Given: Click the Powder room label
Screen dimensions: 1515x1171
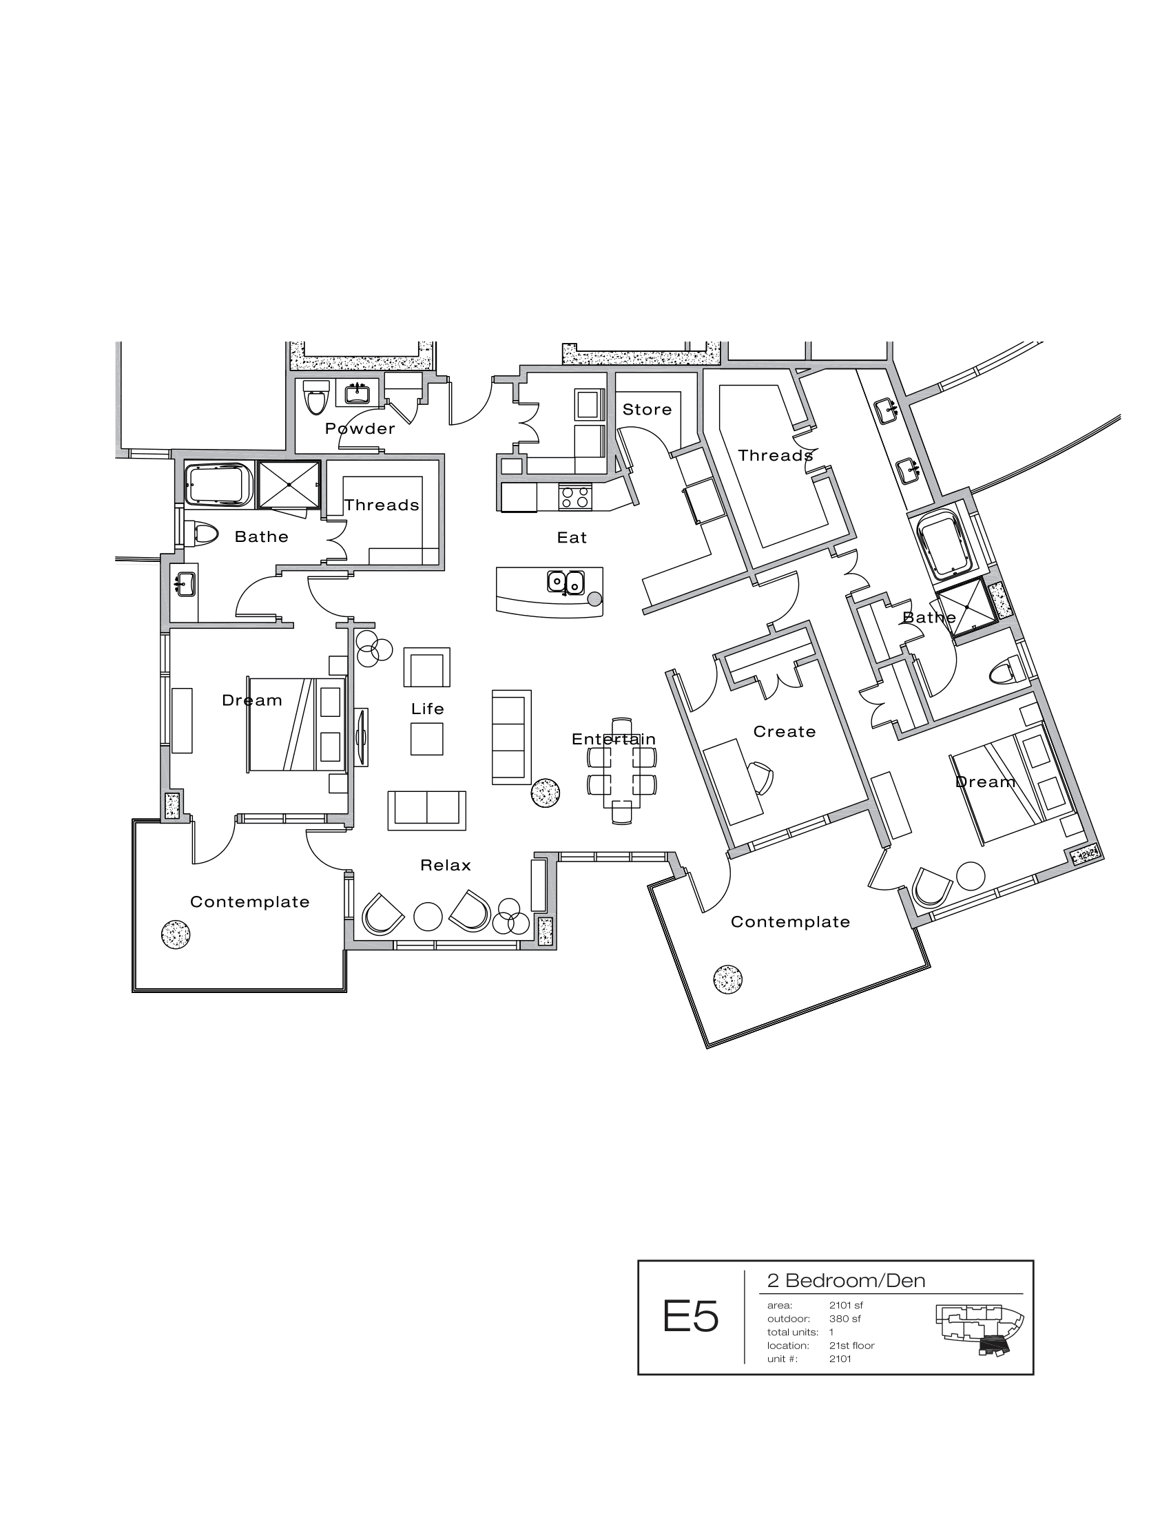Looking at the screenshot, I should click(360, 429).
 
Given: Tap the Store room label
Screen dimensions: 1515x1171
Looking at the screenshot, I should click(647, 409).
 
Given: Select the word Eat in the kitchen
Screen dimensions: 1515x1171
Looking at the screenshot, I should click(572, 538).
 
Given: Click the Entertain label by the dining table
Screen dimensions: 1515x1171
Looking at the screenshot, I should click(613, 740).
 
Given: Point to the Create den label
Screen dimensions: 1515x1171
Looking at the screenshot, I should click(784, 732).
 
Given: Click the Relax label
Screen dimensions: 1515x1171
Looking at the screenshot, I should click(446, 866).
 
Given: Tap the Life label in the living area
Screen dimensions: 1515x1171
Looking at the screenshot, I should click(427, 709).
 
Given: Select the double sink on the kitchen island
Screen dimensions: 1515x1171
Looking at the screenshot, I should click(566, 582).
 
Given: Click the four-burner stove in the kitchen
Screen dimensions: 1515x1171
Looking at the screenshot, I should click(575, 497).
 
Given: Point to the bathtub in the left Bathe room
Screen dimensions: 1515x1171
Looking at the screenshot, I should click(218, 484).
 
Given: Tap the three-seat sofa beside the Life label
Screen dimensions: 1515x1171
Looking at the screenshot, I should click(511, 737).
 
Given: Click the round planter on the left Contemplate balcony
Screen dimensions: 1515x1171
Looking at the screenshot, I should click(176, 934).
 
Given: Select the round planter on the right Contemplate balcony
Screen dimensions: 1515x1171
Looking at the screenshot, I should click(727, 979).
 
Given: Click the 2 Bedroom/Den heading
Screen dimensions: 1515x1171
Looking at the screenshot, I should click(846, 1281).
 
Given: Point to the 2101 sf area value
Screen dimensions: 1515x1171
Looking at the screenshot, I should click(846, 1306).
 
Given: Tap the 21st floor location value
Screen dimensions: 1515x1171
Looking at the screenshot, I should click(851, 1346).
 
